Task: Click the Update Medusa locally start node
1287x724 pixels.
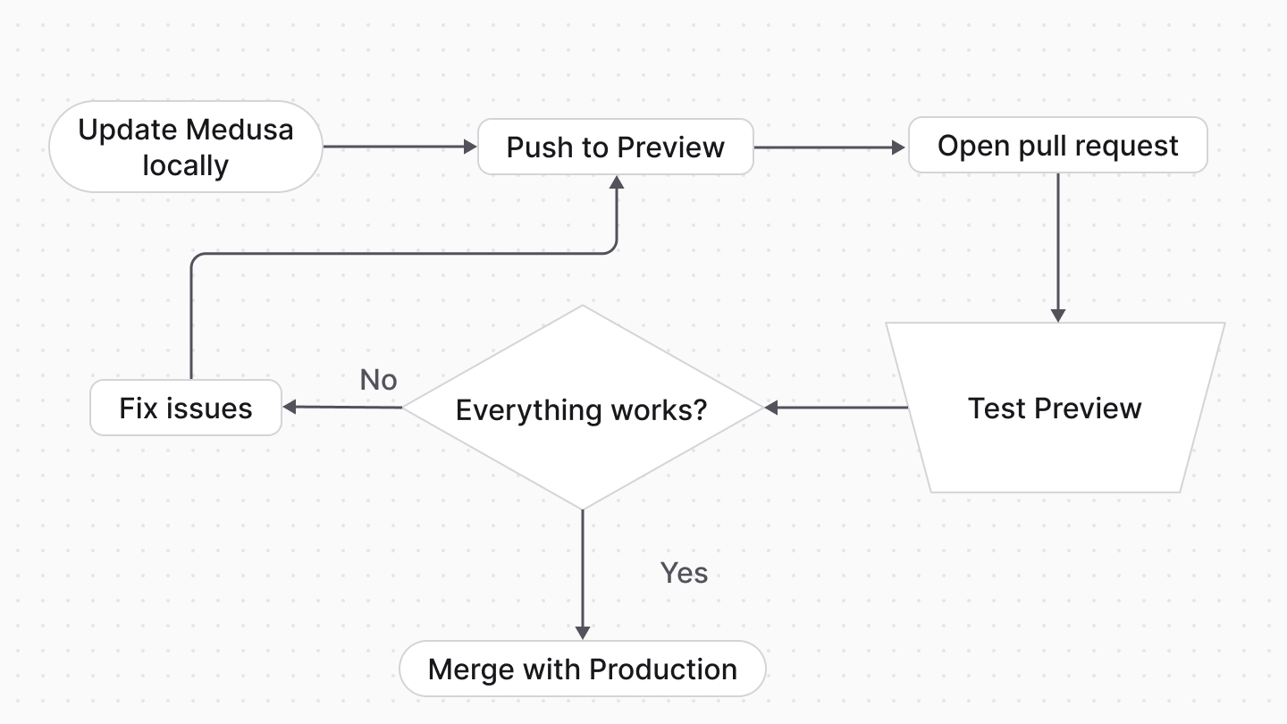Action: [185, 147]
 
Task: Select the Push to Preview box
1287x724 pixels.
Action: [615, 147]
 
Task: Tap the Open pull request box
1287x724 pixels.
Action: [1057, 146]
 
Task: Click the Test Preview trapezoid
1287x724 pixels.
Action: [1055, 408]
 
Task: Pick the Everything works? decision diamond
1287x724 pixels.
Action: [582, 409]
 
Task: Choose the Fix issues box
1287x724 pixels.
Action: [186, 408]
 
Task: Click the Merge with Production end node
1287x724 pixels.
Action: [582, 669]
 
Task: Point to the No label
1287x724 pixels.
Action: [378, 380]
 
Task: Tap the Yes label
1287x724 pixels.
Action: [684, 573]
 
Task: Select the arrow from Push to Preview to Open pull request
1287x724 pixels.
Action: [829, 147]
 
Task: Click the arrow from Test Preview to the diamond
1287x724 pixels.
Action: [836, 408]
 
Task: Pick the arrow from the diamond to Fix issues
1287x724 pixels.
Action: [342, 408]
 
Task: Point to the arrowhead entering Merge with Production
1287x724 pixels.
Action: [583, 631]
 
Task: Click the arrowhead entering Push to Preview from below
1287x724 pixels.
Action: [616, 182]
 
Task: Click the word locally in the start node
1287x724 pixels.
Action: [185, 165]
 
